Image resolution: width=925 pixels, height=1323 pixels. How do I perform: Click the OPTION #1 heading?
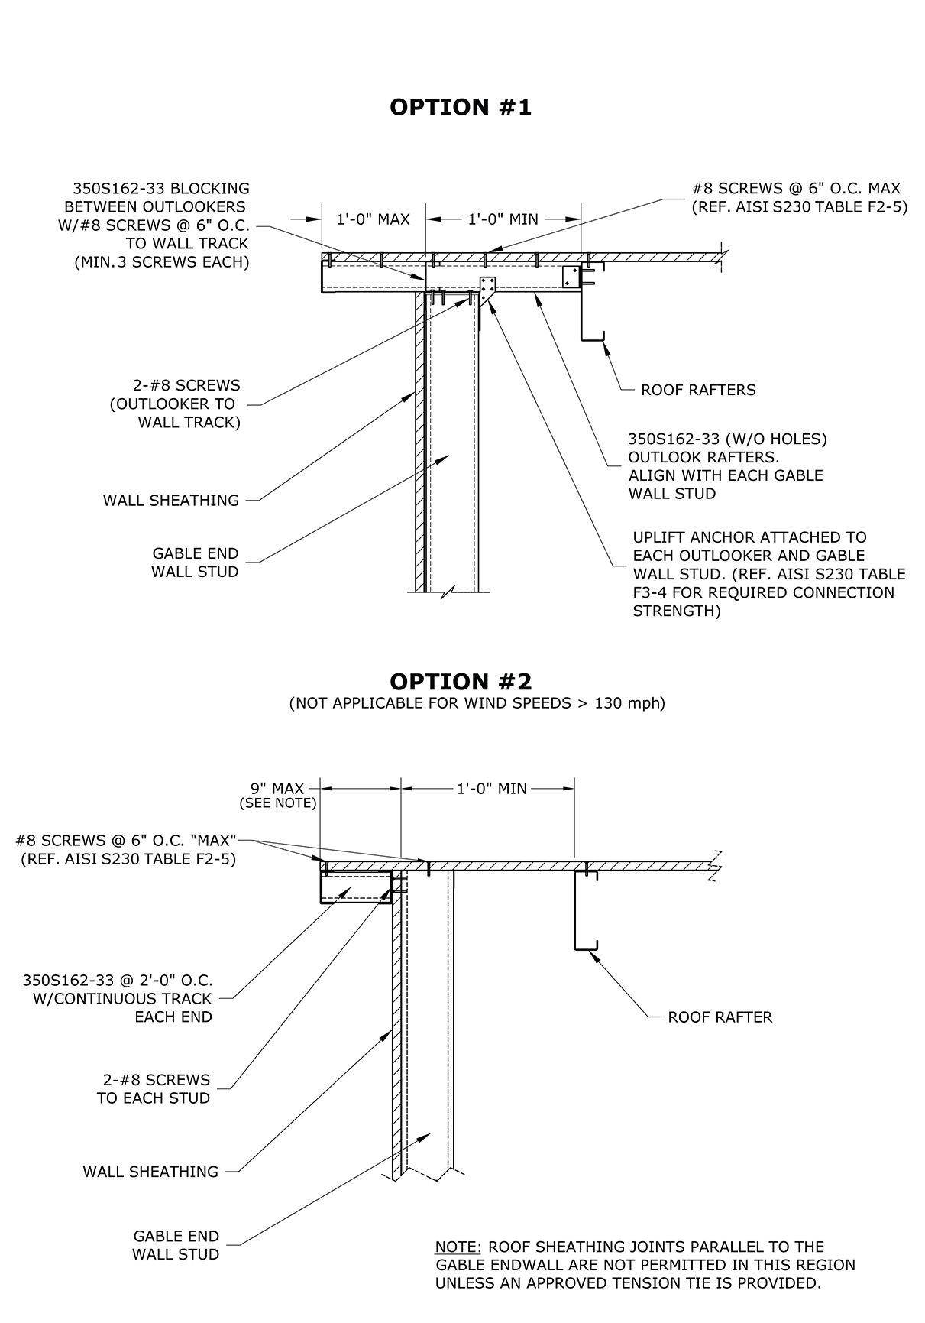[460, 108]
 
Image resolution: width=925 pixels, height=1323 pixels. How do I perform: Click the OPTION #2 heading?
[461, 681]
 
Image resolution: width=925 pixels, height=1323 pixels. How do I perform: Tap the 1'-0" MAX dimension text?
[373, 219]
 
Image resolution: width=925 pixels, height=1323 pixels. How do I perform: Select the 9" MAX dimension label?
[277, 788]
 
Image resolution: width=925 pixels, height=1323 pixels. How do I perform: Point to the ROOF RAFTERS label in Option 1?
[698, 390]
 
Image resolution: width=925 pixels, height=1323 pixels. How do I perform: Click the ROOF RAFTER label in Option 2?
[720, 1017]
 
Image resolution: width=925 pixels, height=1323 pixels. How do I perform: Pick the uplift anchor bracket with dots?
[487, 289]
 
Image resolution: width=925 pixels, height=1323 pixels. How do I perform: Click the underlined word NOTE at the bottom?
[458, 1247]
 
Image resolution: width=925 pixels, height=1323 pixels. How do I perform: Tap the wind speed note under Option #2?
[477, 703]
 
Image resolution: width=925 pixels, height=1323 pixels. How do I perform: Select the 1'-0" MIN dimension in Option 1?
[503, 219]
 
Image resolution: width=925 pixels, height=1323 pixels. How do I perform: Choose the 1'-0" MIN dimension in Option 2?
[492, 788]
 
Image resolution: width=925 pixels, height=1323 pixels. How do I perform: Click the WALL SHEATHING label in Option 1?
[171, 501]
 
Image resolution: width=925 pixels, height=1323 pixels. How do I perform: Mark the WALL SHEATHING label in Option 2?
[150, 1172]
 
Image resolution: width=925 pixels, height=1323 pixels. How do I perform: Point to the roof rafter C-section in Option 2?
[584, 910]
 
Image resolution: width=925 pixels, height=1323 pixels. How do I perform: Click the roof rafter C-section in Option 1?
[591, 302]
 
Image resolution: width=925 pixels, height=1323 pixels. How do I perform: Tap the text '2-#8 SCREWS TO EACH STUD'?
[154, 1089]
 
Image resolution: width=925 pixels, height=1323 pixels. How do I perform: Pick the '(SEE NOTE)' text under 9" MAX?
[277, 803]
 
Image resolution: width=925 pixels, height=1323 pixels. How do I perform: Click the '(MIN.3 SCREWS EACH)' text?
[161, 262]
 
